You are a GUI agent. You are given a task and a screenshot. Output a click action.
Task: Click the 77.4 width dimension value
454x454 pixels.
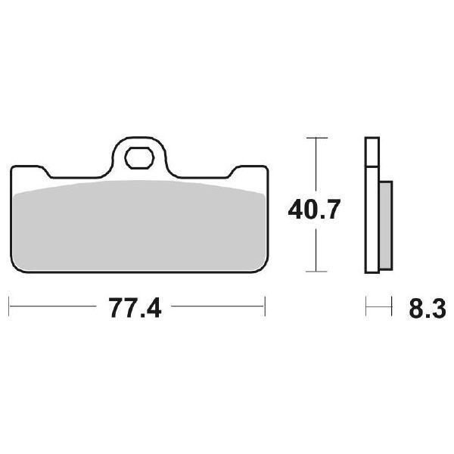pos(137,309)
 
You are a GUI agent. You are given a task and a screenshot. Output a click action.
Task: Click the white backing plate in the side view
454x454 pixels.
pos(371,212)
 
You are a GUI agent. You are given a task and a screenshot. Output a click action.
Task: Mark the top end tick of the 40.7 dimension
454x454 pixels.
pos(316,138)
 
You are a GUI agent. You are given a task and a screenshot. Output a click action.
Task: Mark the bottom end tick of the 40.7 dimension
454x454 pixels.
pos(316,272)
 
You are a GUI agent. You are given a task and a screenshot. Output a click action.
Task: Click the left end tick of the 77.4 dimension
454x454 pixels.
pos(9,307)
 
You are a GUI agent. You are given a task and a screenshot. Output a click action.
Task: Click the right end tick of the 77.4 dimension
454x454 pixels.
pos(266,307)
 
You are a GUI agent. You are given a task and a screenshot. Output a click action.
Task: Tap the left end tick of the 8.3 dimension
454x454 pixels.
pos(366,307)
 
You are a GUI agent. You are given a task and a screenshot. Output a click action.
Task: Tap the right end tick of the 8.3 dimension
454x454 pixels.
pos(392,307)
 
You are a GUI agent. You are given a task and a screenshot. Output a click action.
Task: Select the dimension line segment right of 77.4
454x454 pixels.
pos(216,307)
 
